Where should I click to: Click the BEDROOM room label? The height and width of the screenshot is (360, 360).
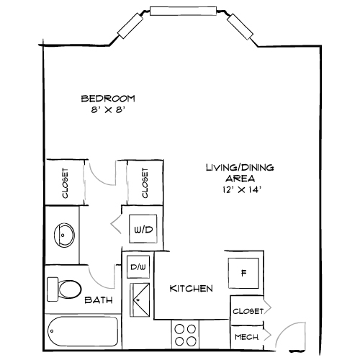tap(108, 99)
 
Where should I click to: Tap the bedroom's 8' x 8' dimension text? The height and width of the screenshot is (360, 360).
tap(108, 110)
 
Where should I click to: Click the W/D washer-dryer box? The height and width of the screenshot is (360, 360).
tap(141, 230)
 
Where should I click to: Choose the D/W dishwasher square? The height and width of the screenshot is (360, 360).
tap(137, 268)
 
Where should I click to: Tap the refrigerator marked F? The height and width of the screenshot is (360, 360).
tap(243, 273)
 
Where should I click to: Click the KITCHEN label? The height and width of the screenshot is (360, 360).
tap(191, 289)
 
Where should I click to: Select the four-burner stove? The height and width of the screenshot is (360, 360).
tap(186, 335)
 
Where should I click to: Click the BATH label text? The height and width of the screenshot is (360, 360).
tap(97, 300)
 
